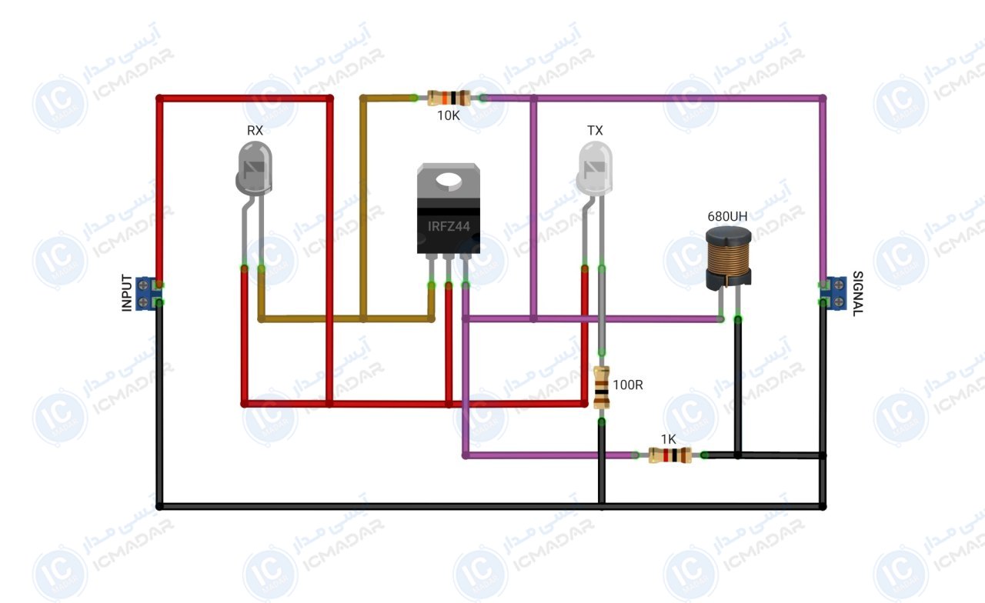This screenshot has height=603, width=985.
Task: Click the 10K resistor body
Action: tap(449, 98)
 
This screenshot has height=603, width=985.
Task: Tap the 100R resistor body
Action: tap(602, 387)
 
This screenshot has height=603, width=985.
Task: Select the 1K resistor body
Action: tap(669, 455)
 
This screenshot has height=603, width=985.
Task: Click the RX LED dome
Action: tap(254, 168)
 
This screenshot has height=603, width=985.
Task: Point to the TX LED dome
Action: tap(595, 168)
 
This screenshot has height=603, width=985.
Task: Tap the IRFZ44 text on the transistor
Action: tap(449, 226)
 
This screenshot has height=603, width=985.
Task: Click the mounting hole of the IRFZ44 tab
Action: tap(449, 180)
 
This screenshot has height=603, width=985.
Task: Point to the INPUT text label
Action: tap(127, 293)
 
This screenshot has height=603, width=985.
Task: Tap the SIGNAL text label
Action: tap(858, 294)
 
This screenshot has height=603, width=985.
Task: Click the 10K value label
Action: tap(448, 115)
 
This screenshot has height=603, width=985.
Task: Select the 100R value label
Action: tap(627, 385)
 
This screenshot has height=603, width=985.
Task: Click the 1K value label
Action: tap(669, 439)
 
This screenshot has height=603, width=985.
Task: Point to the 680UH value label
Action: tap(727, 216)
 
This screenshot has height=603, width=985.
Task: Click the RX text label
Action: tap(255, 130)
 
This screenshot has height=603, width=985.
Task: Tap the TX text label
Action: tap(595, 130)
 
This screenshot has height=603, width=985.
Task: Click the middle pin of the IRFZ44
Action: tap(449, 269)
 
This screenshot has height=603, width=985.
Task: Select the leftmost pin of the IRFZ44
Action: tap(432, 269)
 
